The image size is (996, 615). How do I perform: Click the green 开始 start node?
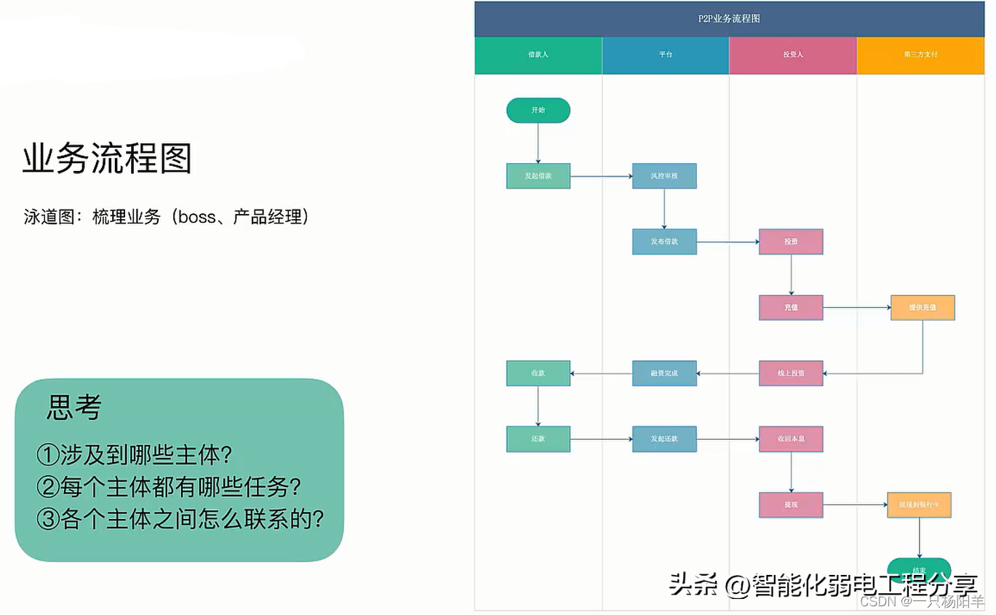pos(538,111)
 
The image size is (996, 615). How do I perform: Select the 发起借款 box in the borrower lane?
pos(538,176)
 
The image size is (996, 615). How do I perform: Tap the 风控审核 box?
pos(664,176)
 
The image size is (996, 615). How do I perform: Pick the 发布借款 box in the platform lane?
pos(664,242)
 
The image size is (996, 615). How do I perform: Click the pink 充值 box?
pos(791,308)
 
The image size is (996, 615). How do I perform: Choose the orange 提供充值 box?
pos(922,308)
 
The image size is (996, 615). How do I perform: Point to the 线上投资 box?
pos(791,373)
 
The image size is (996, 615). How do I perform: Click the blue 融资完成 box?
pos(664,373)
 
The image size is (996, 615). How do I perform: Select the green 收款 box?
pos(538,373)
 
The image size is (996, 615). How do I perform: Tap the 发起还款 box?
pos(664,439)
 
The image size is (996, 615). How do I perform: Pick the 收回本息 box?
pos(791,439)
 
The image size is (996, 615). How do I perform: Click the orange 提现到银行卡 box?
pos(919,505)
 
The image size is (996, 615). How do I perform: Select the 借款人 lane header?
pos(538,55)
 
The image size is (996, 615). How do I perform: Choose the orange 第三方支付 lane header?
pos(920,55)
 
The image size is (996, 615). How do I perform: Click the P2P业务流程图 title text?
pos(728,19)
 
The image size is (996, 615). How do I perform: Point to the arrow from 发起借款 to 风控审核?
pos(601,176)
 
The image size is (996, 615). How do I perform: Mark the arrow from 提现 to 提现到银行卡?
pos(855,505)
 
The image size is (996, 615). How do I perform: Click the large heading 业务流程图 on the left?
pos(107,159)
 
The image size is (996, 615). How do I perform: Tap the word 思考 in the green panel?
pos(73,408)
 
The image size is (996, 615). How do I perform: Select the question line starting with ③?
pos(180,520)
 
